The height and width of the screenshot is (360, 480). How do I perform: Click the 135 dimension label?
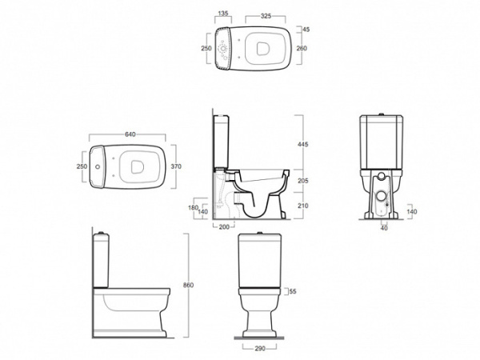pyautogui.click(x=223, y=13)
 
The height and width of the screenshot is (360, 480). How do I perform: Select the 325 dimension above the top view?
pyautogui.click(x=266, y=16)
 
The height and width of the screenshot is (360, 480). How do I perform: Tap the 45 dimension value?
pyautogui.click(x=306, y=30)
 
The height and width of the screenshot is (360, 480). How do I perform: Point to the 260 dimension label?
pyautogui.click(x=302, y=48)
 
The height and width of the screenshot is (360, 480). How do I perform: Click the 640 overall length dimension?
pyautogui.click(x=130, y=134)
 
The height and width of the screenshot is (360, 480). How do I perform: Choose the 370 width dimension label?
pyautogui.click(x=176, y=166)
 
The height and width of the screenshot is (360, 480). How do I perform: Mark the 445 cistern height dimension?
pyautogui.click(x=302, y=144)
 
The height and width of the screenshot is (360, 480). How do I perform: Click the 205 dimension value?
pyautogui.click(x=302, y=181)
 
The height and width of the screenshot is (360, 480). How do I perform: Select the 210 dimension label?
pyautogui.click(x=302, y=206)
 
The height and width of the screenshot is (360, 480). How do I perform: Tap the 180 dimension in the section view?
pyautogui.click(x=193, y=207)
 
